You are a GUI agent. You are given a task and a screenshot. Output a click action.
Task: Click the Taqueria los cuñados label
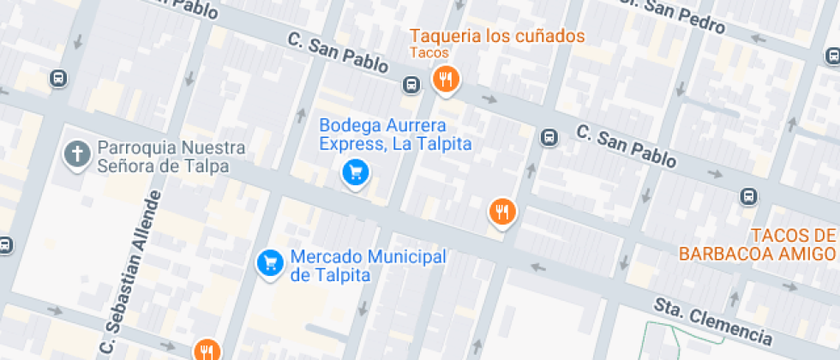tap(497, 36)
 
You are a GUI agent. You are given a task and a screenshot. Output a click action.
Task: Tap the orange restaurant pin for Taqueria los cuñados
tap(445, 80)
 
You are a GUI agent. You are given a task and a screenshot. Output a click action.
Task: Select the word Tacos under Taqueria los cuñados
tap(429, 53)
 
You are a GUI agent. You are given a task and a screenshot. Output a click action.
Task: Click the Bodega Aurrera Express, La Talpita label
tap(396, 135)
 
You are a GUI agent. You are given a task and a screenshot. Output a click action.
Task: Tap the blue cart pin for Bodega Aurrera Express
tap(356, 173)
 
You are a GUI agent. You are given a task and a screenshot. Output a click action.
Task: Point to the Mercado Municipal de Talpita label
tap(369, 266)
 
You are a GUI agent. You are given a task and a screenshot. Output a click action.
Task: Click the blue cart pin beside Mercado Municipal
tap(271, 262)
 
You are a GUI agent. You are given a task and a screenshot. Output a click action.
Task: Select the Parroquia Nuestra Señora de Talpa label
tap(171, 157)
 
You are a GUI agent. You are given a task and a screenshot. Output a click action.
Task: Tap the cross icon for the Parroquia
tap(78, 155)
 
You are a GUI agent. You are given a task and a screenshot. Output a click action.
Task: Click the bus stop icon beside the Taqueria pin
tap(412, 85)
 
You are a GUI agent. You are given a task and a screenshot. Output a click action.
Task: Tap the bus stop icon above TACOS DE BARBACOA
tap(749, 196)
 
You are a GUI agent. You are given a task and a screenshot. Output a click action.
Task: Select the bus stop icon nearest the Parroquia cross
tap(58, 79)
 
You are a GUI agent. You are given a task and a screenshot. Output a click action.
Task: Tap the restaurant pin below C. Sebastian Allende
tap(207, 350)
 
